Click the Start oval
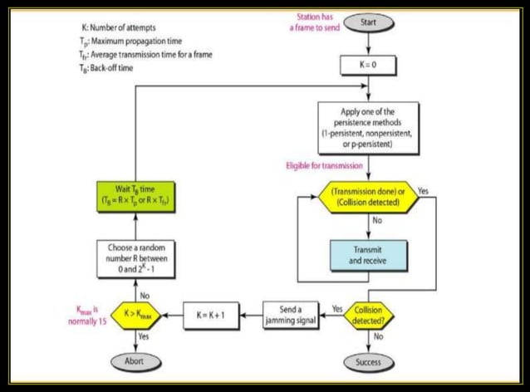point(369,23)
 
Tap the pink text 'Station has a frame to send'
point(316,22)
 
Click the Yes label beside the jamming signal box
point(337,306)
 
